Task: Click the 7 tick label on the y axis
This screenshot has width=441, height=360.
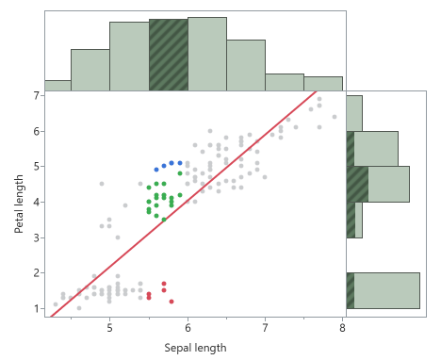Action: [x=36, y=95]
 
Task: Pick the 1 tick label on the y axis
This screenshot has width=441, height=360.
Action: [x=36, y=308]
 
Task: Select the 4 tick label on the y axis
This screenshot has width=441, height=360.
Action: [x=36, y=202]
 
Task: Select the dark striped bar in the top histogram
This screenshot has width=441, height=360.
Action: [x=169, y=55]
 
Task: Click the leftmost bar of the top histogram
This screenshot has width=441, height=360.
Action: [x=57, y=85]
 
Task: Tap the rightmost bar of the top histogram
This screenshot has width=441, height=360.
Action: [x=322, y=83]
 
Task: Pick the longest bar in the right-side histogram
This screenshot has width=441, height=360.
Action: [x=386, y=290]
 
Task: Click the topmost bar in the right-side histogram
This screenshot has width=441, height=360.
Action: [x=354, y=113]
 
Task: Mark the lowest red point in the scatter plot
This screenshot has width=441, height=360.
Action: [x=171, y=302]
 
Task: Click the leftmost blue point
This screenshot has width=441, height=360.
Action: [x=156, y=170]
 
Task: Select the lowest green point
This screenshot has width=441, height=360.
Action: [x=164, y=220]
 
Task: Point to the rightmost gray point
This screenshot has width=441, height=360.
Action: [x=335, y=117]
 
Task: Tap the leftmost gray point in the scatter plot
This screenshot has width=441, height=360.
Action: [x=56, y=304]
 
